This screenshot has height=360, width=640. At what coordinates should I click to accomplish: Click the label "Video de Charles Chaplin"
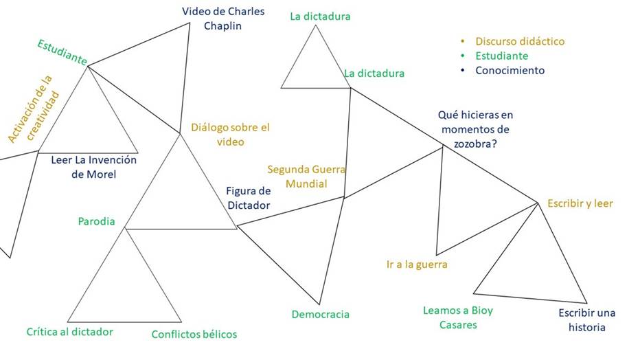point(223,19)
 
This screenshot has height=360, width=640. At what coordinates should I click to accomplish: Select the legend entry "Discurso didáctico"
point(520,41)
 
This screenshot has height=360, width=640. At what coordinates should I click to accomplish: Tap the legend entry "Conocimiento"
point(510,70)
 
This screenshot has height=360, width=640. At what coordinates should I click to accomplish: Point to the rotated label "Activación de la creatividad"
point(34,109)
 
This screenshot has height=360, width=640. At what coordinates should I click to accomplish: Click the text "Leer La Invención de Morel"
point(94,167)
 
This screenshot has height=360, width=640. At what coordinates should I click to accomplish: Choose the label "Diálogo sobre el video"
point(229,134)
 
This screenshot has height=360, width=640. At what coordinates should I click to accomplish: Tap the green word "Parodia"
point(96,221)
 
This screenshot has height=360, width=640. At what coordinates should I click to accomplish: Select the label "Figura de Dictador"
point(249,198)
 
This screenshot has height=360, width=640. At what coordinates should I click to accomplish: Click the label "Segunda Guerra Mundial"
point(306,176)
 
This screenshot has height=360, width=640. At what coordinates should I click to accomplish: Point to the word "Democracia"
point(320,314)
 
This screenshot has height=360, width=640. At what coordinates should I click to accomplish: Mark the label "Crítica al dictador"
point(69,332)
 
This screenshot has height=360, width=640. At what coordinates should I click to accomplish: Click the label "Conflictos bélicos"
point(194,335)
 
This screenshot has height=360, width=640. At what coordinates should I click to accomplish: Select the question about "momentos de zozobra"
point(475,129)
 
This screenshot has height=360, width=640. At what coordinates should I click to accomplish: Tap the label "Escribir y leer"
point(580,203)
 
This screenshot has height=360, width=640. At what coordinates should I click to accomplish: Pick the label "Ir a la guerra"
point(417,265)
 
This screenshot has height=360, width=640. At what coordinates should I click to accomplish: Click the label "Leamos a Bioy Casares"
point(458,317)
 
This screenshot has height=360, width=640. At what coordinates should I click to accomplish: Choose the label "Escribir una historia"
point(586,320)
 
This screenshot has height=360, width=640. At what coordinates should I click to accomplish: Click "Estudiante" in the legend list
point(501,56)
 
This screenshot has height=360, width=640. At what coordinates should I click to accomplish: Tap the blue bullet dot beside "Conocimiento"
point(463,70)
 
